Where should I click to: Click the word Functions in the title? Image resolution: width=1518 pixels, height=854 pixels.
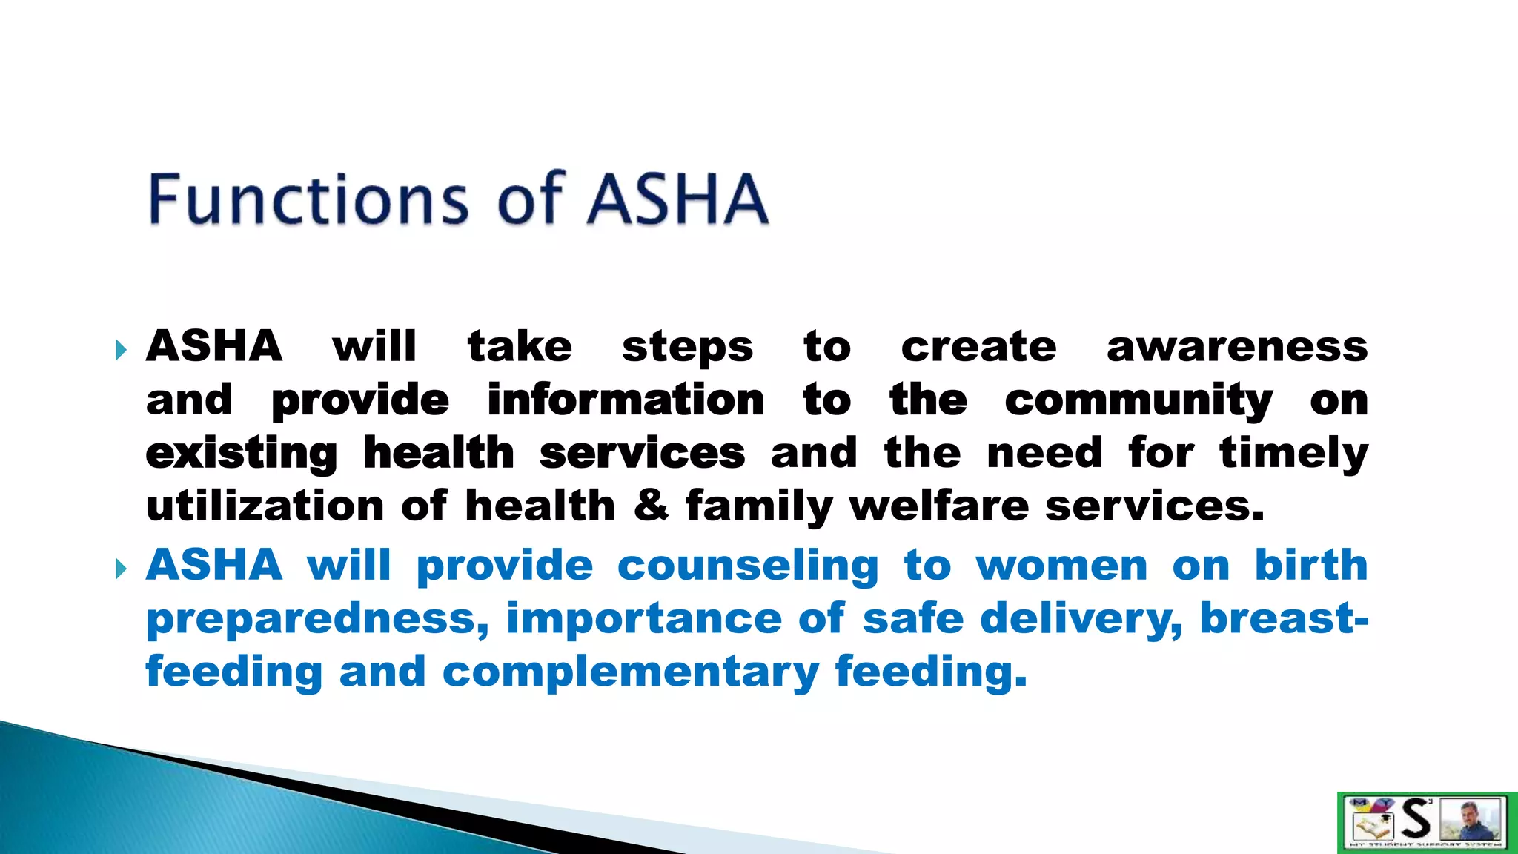click(x=308, y=199)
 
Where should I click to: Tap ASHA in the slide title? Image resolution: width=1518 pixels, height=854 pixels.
click(x=677, y=199)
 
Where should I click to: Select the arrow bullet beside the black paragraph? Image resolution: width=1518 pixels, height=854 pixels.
click(x=122, y=350)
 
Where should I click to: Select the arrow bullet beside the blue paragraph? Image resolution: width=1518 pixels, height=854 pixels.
click(x=122, y=569)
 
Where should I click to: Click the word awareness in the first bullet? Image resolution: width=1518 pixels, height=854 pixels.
click(x=1236, y=347)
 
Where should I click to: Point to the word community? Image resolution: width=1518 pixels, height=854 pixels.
click(x=1138, y=402)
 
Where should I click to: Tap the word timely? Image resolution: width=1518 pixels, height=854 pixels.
click(x=1293, y=454)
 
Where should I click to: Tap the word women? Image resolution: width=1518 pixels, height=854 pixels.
click(x=1061, y=566)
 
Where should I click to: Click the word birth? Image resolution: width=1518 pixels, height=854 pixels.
click(x=1310, y=565)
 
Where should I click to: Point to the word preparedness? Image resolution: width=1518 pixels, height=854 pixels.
click(x=317, y=620)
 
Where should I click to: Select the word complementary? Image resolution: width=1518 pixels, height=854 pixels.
click(x=630, y=672)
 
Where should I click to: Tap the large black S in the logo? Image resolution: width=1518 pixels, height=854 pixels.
click(x=1416, y=820)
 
